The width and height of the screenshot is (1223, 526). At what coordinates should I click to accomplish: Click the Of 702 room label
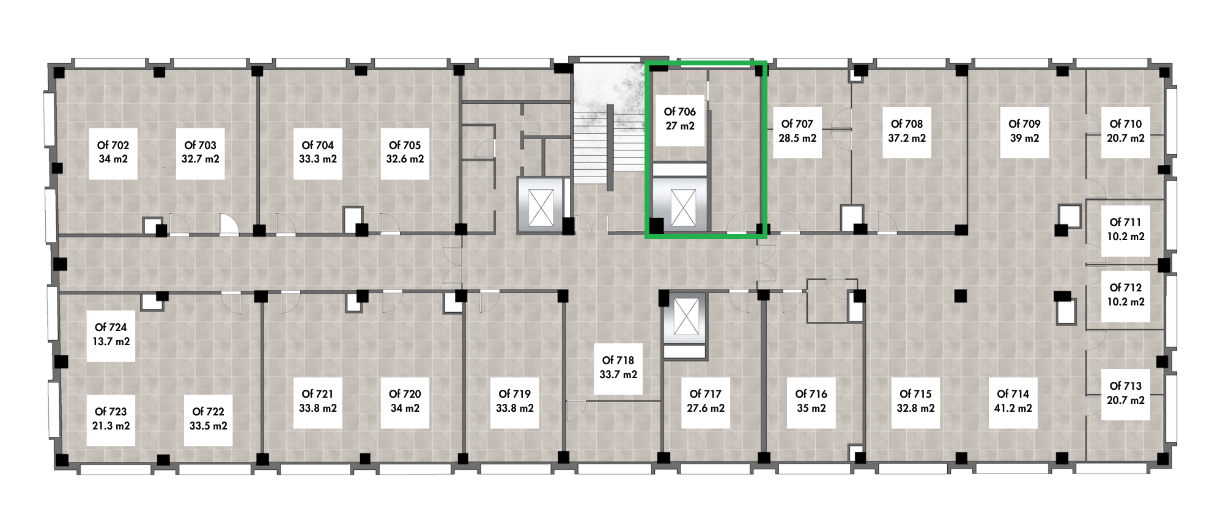[113, 145]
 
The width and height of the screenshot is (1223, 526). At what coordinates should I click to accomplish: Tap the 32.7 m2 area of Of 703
[200, 159]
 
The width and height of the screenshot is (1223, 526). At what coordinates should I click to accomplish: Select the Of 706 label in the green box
[680, 112]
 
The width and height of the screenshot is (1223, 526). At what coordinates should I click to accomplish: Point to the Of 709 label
[1024, 123]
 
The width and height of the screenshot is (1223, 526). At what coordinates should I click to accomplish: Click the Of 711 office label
[1125, 222]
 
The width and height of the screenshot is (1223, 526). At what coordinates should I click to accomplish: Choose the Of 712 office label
[1126, 287]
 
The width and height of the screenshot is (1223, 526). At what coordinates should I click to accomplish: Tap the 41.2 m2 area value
[1013, 408]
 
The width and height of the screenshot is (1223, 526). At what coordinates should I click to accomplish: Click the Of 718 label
[618, 360]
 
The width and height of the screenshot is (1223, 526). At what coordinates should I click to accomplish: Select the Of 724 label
[111, 327]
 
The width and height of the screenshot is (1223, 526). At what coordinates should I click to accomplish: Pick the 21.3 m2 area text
[111, 426]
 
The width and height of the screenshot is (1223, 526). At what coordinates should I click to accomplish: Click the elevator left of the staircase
[541, 205]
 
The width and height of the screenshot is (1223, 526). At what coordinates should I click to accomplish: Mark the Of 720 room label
[405, 394]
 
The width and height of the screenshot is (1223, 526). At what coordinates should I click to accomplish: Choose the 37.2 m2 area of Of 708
[907, 138]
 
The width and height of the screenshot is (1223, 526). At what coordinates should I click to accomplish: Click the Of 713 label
[1126, 386]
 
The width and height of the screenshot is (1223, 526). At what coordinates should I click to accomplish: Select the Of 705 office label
[405, 145]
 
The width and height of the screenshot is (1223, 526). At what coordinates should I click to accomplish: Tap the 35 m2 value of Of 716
[811, 408]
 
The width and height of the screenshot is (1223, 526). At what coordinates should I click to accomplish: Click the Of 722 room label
[208, 412]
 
